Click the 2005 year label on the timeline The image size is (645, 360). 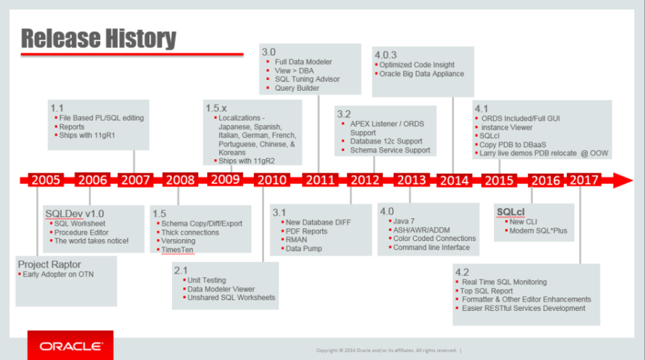tap(46, 180)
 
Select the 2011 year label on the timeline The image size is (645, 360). tap(318, 180)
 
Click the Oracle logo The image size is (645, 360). tap(70, 347)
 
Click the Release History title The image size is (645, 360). tap(98, 39)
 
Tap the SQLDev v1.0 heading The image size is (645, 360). tap(75, 214)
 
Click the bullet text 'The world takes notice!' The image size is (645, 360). tap(91, 240)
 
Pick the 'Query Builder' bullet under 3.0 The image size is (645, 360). tap(298, 88)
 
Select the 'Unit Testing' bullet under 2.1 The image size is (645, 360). tap(206, 280)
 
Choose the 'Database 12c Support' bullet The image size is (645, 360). tap(386, 141)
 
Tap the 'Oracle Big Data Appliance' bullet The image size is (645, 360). tap(422, 74)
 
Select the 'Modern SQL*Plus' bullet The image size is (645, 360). tap(538, 230)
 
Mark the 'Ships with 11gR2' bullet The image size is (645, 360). tap(247, 161)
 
